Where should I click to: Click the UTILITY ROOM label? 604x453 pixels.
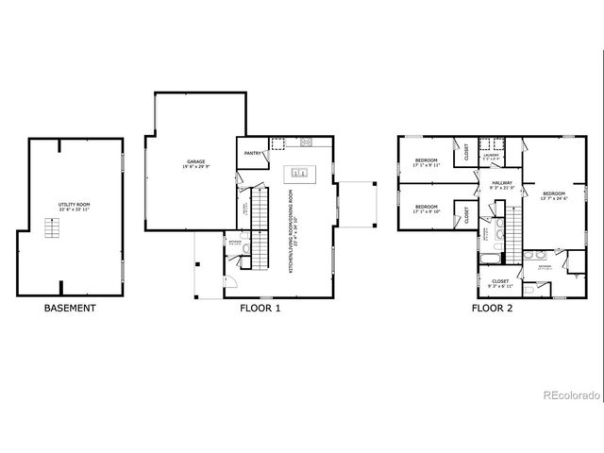pos(74,205)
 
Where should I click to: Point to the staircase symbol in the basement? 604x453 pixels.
pos(53,227)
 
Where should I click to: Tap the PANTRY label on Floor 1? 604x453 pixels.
pos(252,153)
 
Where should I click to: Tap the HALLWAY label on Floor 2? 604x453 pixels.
pos(501,185)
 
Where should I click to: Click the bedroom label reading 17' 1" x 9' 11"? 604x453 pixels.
pos(427,162)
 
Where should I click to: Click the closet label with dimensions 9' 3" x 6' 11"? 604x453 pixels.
pos(500,283)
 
